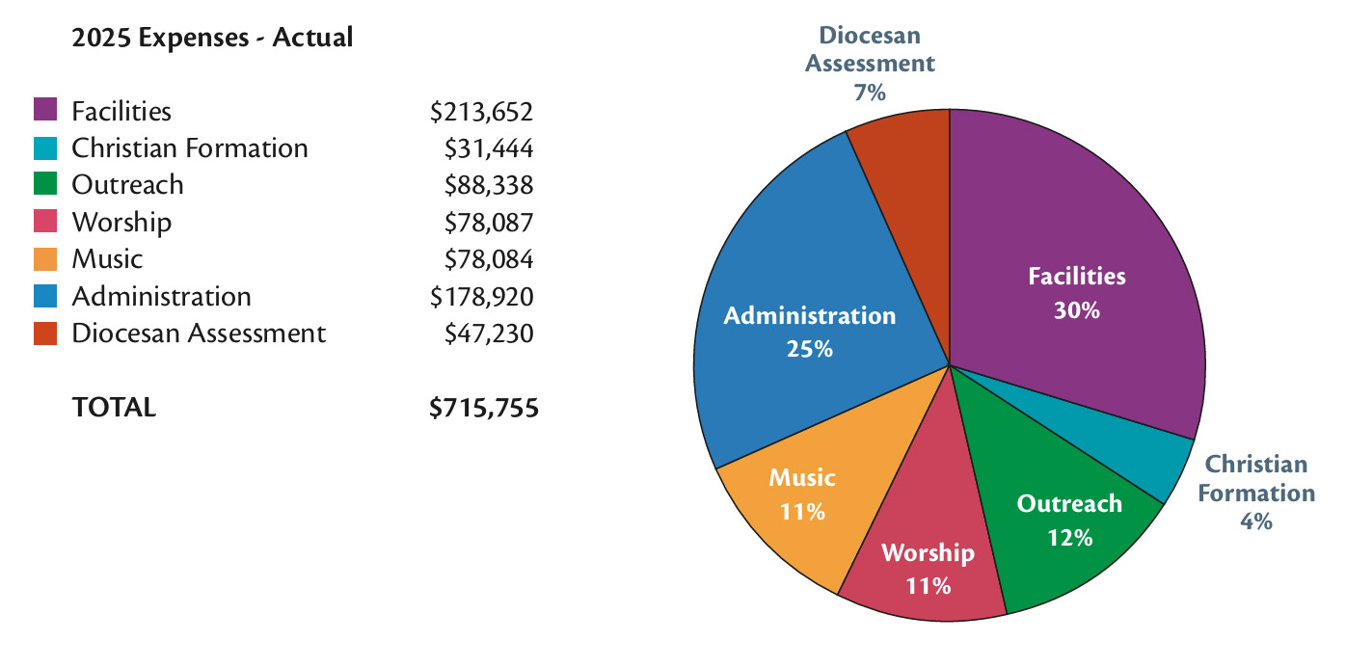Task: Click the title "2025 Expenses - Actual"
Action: pos(212,39)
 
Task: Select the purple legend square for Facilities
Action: pos(45,110)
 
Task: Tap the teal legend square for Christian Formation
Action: pos(45,147)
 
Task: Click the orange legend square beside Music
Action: pos(45,258)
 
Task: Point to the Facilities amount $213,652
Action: pos(481,112)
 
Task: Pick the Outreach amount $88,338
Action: pos(488,185)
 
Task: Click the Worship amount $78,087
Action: pos(488,223)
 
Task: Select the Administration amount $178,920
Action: pos(481,296)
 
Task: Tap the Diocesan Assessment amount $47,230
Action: pos(488,333)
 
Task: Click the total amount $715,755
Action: pos(483,408)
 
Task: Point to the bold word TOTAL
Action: pos(114,408)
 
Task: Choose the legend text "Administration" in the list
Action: pos(161,296)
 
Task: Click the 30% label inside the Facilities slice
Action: pos(1076,310)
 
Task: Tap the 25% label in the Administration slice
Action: pos(809,349)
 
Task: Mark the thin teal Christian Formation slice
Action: pos(1157,463)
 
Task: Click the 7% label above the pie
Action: pos(870,93)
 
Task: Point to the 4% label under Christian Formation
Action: pos(1256,521)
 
